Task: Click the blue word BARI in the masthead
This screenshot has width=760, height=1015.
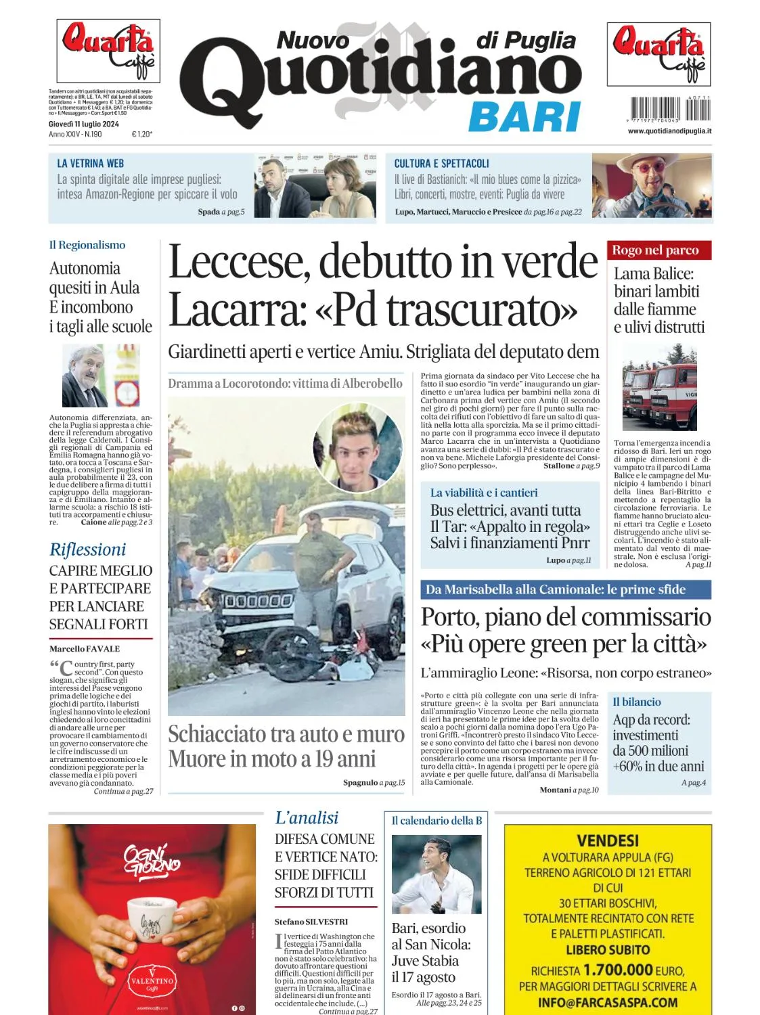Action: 524,116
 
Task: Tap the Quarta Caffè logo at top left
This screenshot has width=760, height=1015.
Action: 108,50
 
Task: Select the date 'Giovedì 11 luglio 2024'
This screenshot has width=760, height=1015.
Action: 83,124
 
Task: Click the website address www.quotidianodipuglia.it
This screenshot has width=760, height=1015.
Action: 669,131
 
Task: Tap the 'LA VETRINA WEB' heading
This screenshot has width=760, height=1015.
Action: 90,163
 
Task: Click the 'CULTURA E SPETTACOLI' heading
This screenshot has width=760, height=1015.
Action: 441,163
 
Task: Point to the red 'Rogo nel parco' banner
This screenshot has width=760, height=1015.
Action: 654,250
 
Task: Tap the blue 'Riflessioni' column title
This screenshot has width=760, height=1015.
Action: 87,549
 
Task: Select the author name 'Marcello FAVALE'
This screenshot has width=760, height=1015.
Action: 84,648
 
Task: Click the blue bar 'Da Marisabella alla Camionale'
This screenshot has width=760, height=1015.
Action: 565,589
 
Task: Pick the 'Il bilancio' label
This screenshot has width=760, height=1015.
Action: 636,702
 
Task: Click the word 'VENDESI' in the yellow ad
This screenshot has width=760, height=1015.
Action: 607,840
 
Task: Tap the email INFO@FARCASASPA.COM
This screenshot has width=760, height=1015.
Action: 607,1002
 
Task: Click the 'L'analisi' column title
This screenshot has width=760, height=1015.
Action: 307,817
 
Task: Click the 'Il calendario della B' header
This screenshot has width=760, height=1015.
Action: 437,820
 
